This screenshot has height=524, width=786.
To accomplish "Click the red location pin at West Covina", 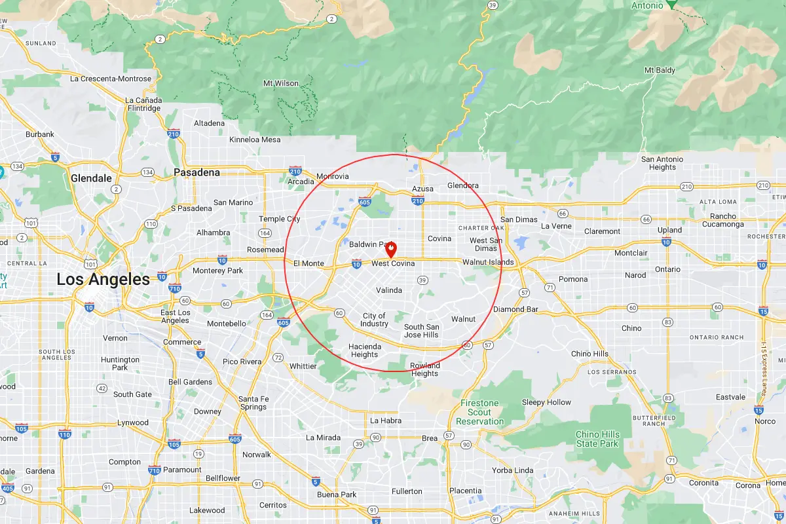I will (x=391, y=249).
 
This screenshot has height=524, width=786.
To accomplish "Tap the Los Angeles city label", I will (x=103, y=280).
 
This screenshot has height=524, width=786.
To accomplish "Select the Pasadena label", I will (x=196, y=172).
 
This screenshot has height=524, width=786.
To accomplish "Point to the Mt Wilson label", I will (x=280, y=83).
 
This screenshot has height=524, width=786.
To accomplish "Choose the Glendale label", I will (x=91, y=178).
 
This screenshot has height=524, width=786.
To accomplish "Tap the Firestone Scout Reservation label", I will (x=479, y=412).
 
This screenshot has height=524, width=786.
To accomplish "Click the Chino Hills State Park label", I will (x=597, y=439).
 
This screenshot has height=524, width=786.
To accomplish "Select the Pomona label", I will (x=573, y=279).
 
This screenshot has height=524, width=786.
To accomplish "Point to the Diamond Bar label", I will (x=515, y=309).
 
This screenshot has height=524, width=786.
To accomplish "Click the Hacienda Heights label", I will (x=364, y=350).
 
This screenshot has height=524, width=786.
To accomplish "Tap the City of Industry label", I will (x=374, y=320).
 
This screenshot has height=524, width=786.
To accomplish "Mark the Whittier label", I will (x=303, y=366).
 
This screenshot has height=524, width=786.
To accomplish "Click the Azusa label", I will (x=422, y=189).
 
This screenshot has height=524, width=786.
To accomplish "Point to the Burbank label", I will (x=39, y=134).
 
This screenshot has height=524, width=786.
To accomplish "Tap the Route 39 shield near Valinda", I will (x=422, y=280).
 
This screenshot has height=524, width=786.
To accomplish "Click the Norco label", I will (x=765, y=421).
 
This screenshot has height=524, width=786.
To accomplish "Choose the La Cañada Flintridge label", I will (x=143, y=104).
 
